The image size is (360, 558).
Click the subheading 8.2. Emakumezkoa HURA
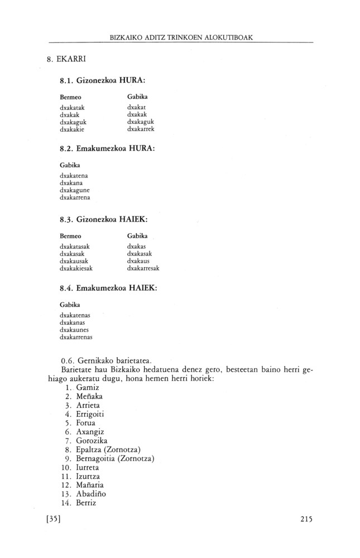point(107,149)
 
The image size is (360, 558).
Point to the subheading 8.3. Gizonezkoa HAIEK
point(103,219)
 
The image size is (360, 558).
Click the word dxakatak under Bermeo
point(72,107)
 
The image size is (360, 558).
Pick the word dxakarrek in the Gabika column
point(140,129)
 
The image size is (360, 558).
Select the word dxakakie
point(72,129)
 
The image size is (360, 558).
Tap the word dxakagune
point(74,190)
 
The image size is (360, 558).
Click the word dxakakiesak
point(76,268)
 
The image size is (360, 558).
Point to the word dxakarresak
point(143,268)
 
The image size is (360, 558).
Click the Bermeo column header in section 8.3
point(70,235)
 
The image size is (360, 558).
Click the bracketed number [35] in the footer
point(54,518)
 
